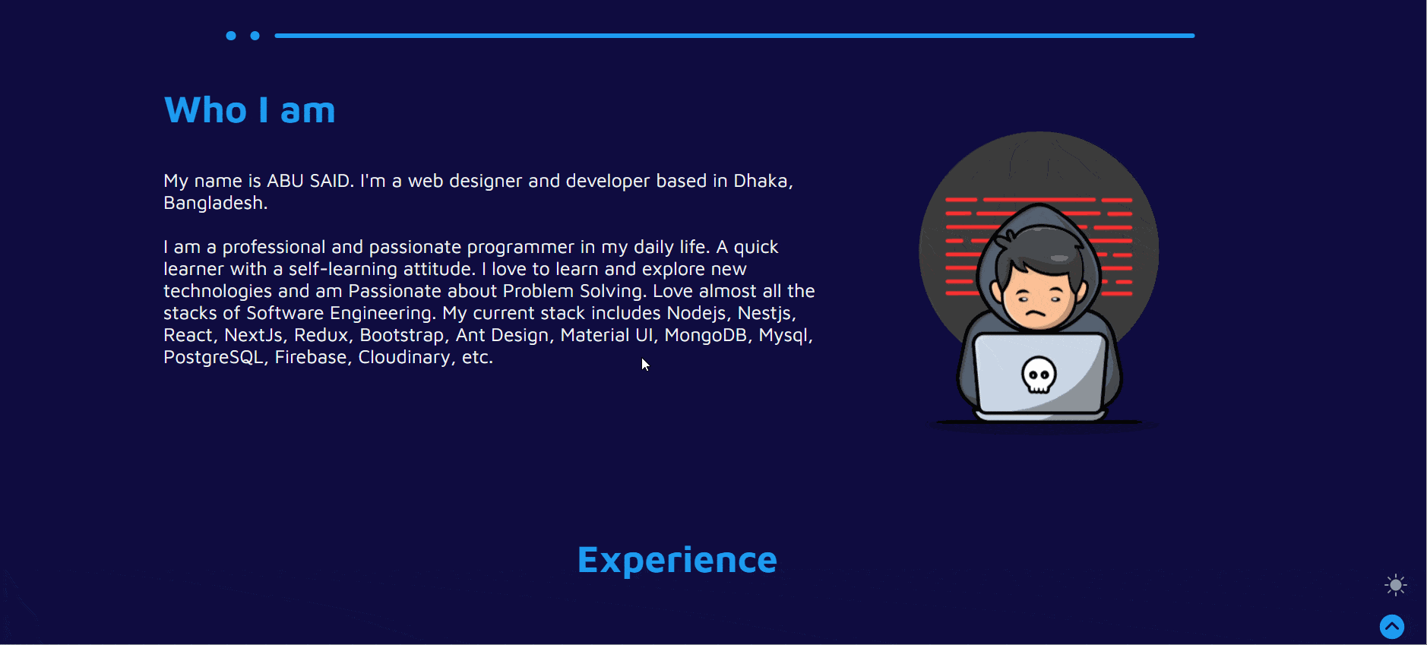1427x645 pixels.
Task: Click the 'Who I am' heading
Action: [x=250, y=110]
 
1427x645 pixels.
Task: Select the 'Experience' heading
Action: [x=677, y=561]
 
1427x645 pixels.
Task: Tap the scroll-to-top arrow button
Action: [x=1392, y=627]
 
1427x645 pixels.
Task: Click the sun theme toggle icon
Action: [x=1396, y=585]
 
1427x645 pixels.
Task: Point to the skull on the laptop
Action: [x=1039, y=375]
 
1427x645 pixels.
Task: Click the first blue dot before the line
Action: [x=231, y=36]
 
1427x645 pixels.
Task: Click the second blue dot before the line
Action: [x=255, y=36]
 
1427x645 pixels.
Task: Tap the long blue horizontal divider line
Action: [x=735, y=36]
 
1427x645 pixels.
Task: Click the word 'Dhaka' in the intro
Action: [x=761, y=181]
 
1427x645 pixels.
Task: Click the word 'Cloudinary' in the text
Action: [x=404, y=357]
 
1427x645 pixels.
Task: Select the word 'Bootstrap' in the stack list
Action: [x=402, y=335]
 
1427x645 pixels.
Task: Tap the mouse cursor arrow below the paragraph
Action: [x=645, y=365]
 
